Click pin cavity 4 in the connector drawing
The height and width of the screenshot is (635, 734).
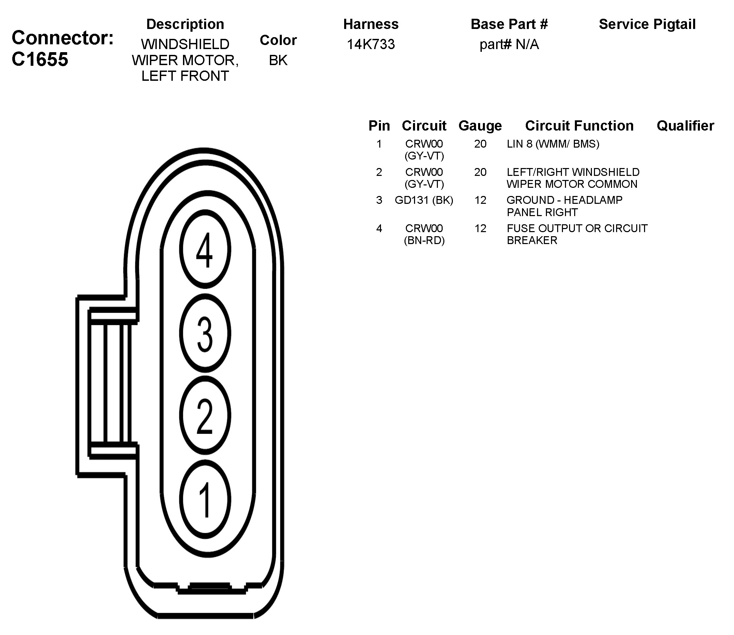(x=205, y=249)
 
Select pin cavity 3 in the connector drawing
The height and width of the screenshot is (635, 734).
(x=205, y=333)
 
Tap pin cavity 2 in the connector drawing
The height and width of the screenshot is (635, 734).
(x=205, y=415)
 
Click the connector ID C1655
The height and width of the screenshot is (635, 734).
(x=40, y=59)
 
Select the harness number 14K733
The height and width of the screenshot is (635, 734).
(x=370, y=44)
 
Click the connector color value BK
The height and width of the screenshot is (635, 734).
(x=278, y=60)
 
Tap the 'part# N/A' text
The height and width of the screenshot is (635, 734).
(x=509, y=44)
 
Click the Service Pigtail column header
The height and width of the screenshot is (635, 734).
(x=647, y=24)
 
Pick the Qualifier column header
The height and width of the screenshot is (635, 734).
(x=685, y=126)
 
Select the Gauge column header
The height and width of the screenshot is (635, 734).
(x=480, y=126)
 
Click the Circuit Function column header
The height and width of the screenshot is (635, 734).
(x=579, y=126)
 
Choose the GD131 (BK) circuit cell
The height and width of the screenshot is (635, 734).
(x=424, y=200)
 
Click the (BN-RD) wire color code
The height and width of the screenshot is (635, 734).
(x=424, y=240)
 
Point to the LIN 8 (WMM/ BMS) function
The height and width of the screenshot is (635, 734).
(x=553, y=144)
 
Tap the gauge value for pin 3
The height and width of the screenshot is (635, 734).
(x=480, y=200)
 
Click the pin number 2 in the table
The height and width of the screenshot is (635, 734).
(x=379, y=172)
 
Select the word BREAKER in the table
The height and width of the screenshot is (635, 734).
(x=532, y=240)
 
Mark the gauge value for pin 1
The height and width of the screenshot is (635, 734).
(x=480, y=144)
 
